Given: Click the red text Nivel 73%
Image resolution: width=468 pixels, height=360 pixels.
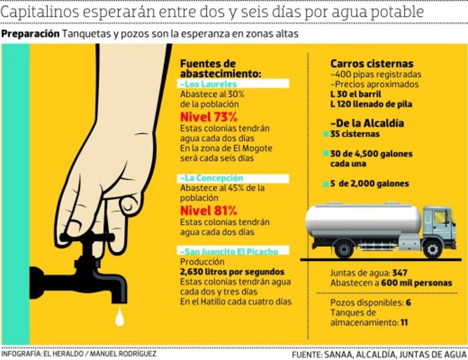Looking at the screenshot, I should [209, 118].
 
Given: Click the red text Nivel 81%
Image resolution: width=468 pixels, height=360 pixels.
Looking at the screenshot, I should [209, 210].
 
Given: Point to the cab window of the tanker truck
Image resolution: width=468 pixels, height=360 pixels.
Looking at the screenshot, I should [440, 218].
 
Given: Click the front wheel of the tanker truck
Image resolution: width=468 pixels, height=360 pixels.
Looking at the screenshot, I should [432, 249].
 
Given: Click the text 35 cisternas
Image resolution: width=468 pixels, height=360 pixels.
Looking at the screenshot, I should [355, 134].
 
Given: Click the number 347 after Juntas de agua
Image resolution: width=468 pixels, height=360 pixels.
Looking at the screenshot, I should [400, 273].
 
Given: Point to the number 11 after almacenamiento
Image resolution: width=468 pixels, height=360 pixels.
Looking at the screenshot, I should [404, 322].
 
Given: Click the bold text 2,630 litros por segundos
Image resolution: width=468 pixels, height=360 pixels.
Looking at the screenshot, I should [232, 272].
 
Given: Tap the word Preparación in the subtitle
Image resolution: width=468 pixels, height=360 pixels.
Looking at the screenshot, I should [30, 34].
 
